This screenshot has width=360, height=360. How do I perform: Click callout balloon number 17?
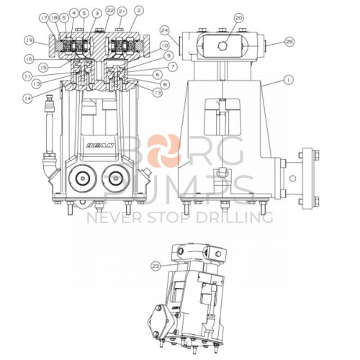(x=44, y=17)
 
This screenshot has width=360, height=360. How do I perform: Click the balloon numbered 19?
(x=30, y=40)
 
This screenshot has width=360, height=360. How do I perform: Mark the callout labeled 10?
(x=166, y=45)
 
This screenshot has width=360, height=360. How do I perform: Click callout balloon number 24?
(x=165, y=30)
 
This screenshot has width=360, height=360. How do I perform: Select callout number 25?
(x=289, y=42)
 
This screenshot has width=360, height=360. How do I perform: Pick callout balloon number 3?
(x=96, y=13)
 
